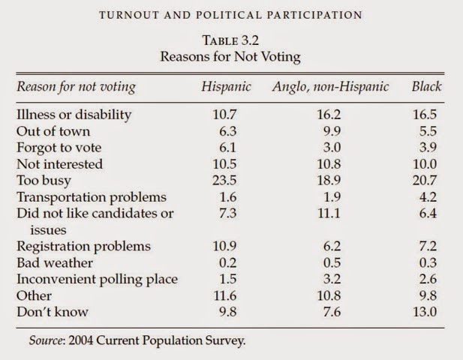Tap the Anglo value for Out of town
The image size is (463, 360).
click(330, 131)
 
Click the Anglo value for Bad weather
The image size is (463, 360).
click(330, 262)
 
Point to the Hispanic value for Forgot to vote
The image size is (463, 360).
click(225, 148)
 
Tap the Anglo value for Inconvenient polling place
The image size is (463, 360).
click(330, 279)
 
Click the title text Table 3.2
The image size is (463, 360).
click(232, 43)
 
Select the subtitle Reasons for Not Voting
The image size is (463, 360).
click(232, 58)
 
